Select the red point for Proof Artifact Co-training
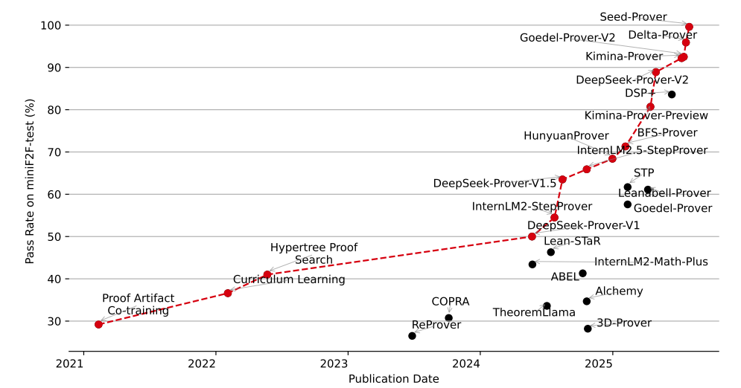coord(98,324)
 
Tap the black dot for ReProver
coord(412,336)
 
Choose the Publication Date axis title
coord(393,379)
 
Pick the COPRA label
coord(451,301)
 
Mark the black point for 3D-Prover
coord(588,329)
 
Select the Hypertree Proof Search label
coord(314,253)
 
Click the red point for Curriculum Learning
coord(228,293)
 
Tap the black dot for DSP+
coord(672,94)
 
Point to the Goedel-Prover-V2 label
coord(567,37)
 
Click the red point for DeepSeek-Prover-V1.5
coord(562,179)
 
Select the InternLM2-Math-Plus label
coord(651,262)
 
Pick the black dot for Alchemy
coord(586,301)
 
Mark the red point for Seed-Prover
coord(689,27)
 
